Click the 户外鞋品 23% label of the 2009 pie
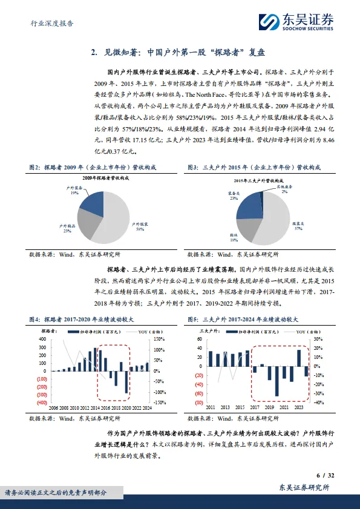pyautogui.click(x=66, y=228)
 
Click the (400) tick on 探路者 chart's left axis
pyautogui.click(x=42, y=402)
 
